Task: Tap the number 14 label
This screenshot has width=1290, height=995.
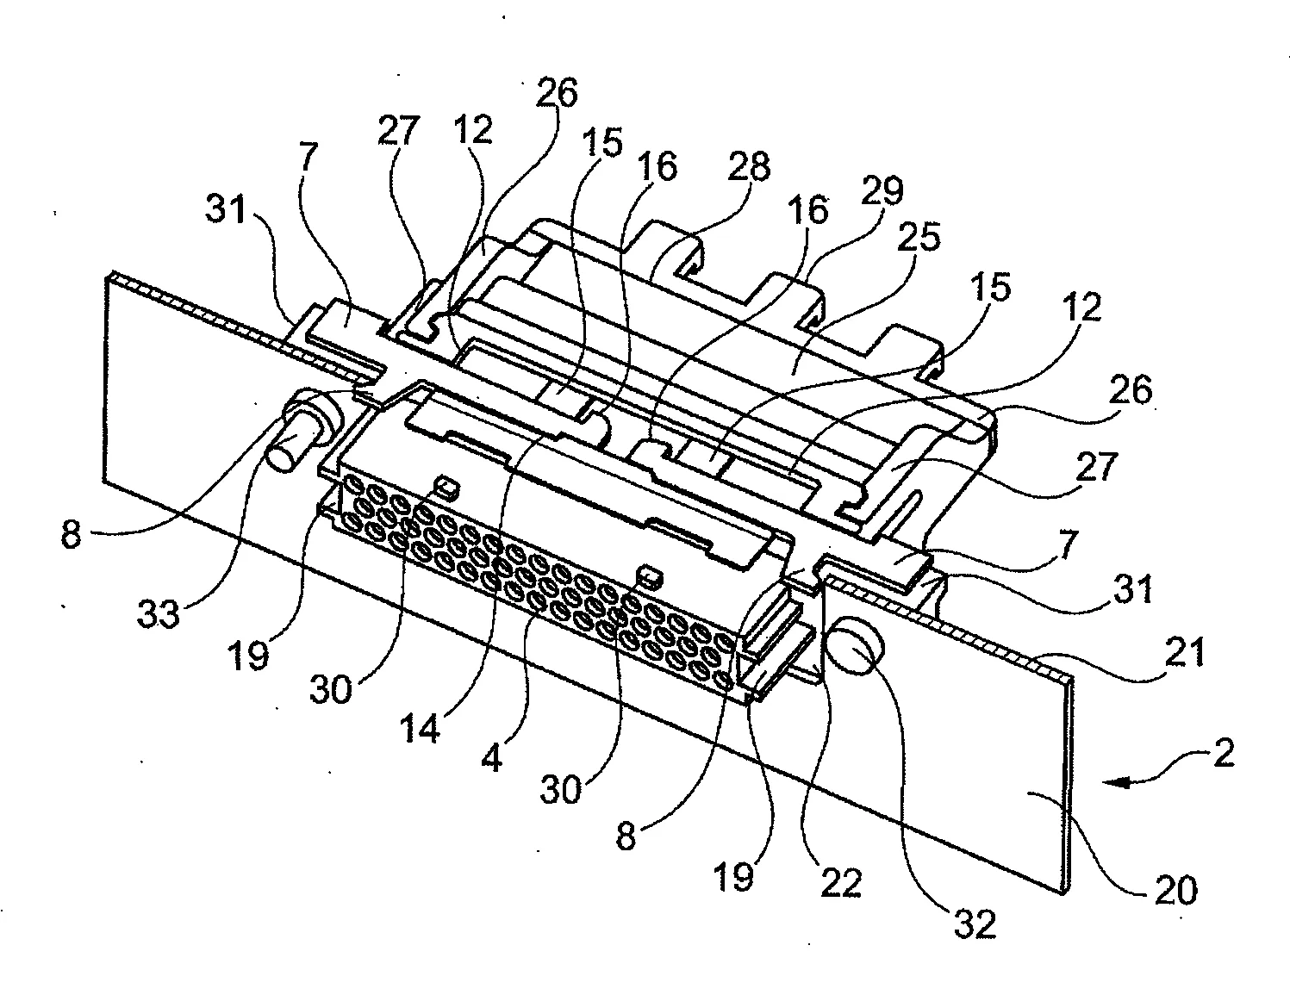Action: [x=421, y=728]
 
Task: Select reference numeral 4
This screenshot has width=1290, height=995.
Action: [x=492, y=759]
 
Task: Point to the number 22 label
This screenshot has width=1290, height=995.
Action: [x=840, y=882]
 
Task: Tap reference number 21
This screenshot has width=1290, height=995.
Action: [x=1184, y=655]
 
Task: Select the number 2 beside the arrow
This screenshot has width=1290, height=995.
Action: [x=1222, y=755]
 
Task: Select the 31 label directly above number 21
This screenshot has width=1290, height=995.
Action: [x=1128, y=591]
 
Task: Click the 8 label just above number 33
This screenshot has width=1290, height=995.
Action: [x=72, y=535]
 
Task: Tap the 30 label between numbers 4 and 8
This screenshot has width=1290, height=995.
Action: [x=561, y=788]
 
